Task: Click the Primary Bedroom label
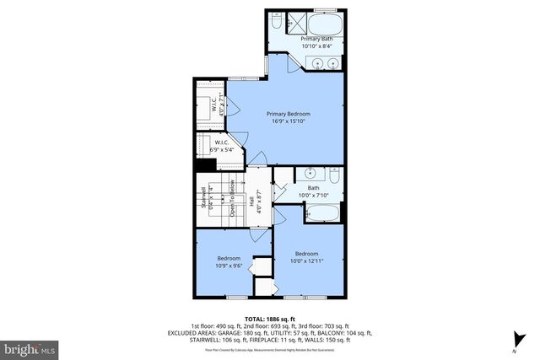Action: (289, 114)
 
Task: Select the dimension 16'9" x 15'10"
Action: (289, 121)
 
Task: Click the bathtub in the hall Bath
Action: (321, 214)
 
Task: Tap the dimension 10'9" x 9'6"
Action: (229, 265)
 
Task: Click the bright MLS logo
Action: (30, 347)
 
